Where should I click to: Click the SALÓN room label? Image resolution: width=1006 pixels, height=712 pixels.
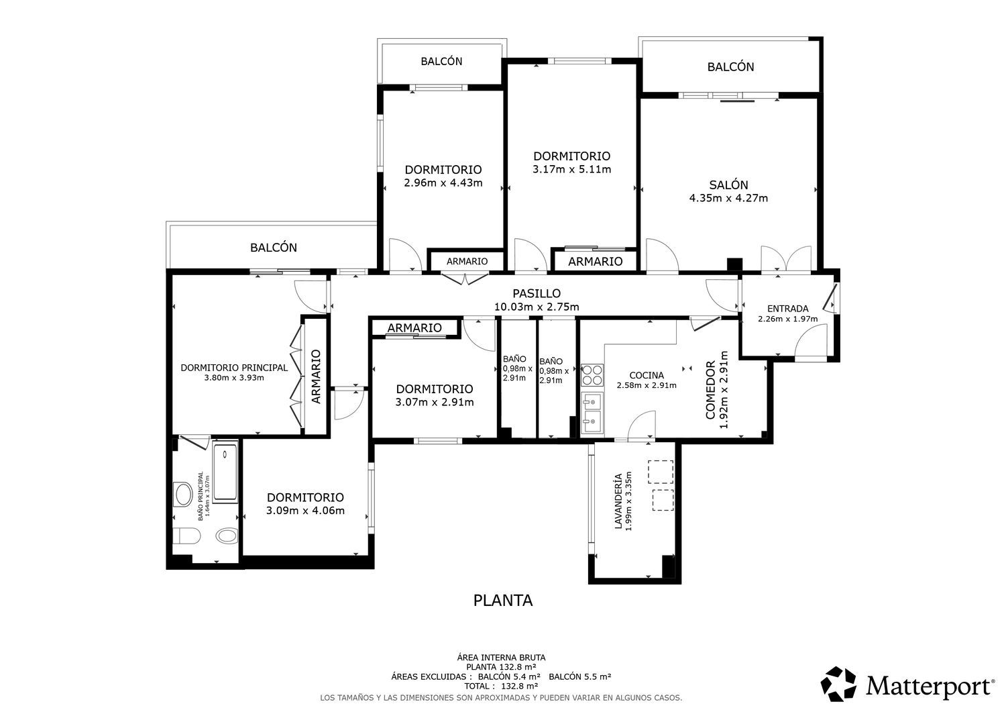coord(728,185)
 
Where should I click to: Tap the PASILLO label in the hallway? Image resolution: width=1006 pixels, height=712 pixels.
coord(537,293)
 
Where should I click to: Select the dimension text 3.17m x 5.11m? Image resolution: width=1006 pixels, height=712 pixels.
coord(571,170)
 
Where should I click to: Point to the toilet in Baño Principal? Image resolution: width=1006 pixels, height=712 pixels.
coord(186,536)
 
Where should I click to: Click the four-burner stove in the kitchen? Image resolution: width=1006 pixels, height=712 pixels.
coord(592,375)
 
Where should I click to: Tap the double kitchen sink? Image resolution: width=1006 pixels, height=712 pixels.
coord(592,413)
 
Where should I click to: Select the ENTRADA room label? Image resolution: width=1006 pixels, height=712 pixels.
coord(788,309)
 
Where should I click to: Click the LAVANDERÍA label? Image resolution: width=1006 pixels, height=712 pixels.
coord(618,501)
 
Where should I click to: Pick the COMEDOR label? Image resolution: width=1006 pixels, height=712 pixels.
coord(710,390)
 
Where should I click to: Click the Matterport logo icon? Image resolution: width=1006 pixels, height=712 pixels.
coord(838,684)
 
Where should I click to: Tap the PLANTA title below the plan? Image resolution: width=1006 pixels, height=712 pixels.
coord(503,601)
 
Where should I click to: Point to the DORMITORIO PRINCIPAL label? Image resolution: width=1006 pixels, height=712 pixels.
coord(234,368)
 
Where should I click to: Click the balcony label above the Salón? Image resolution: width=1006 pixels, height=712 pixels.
coord(731,67)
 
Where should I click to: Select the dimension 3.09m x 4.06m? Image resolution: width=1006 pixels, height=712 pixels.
coord(305,511)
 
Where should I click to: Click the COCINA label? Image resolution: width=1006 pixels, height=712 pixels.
coord(647,375)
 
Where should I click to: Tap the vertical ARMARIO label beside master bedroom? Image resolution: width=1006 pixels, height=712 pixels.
coord(316,376)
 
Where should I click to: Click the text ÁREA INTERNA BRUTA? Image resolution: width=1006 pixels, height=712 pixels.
coord(501,658)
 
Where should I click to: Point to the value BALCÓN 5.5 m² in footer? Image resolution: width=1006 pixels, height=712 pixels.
coord(580,676)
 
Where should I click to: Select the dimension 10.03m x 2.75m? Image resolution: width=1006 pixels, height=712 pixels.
coord(537,307)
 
